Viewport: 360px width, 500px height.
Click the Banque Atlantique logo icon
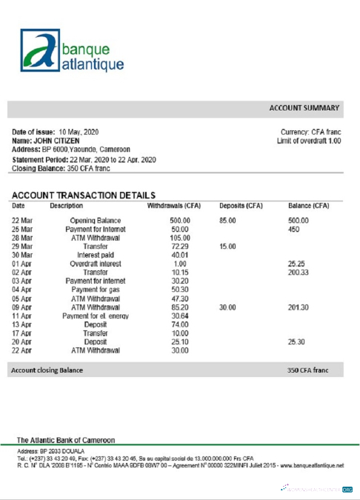point(41,50)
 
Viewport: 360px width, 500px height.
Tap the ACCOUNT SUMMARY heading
point(304,108)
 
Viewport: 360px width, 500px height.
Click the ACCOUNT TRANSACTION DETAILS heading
point(84,194)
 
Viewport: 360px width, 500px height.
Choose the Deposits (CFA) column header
point(241,205)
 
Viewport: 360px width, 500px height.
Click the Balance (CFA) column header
point(308,205)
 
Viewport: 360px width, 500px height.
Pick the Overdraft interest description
point(95,264)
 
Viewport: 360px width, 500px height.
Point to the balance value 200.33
point(299,272)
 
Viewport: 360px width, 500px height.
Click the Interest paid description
point(95,255)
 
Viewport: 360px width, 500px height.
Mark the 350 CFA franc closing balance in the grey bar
point(307,370)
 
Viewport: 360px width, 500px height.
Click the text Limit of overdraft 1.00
point(309,140)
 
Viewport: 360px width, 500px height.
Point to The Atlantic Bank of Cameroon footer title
point(66,439)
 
